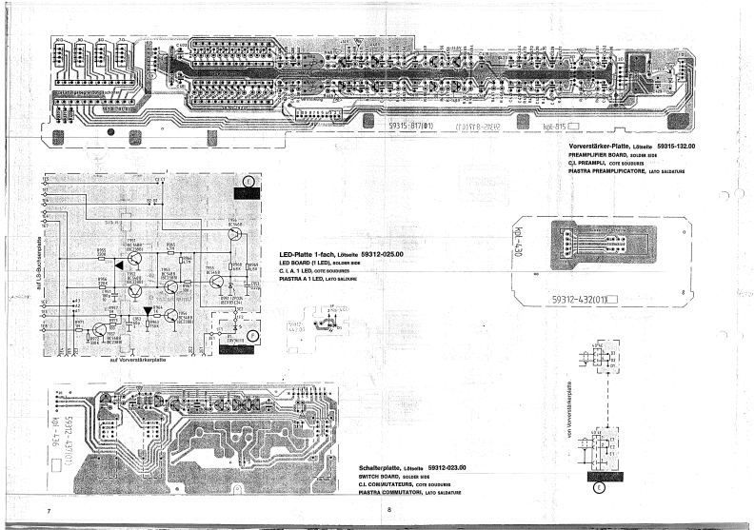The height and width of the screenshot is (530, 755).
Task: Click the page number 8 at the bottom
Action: click(388, 511)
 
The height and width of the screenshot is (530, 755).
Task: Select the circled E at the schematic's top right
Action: click(248, 180)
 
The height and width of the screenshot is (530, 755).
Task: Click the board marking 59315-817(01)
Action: click(411, 124)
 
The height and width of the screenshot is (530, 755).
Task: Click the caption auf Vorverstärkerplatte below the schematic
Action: click(141, 359)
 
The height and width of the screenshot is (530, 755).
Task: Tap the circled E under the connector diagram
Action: click(598, 488)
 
